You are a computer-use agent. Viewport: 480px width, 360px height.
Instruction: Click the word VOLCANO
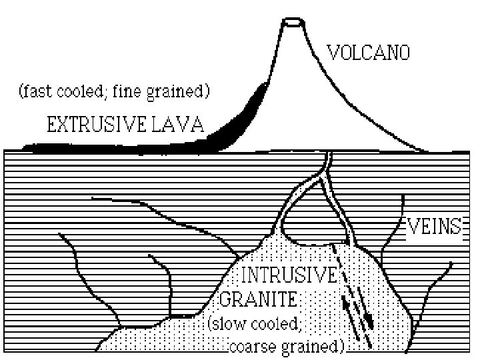(367, 52)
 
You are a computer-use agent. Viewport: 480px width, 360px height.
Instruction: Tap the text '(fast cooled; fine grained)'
(114, 91)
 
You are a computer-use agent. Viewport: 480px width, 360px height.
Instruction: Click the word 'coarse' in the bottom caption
(253, 347)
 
